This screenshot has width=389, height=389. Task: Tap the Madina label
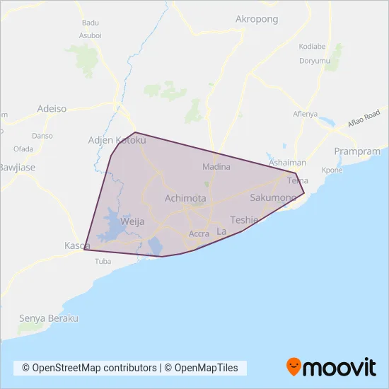pos(216,168)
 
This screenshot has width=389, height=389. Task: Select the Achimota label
pos(185,199)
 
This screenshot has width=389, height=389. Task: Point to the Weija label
pos(132,221)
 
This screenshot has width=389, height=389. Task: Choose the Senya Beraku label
pos(48,318)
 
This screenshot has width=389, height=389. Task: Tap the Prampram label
pos(356,151)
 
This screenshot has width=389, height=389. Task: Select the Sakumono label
pos(274,199)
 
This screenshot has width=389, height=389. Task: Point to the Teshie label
pos(245,220)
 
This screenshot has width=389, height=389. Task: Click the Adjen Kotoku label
pos(116,141)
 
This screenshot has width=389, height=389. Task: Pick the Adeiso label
pos(51,109)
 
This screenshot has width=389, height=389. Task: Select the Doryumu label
pos(315,61)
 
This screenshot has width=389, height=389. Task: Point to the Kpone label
pos(332,170)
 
